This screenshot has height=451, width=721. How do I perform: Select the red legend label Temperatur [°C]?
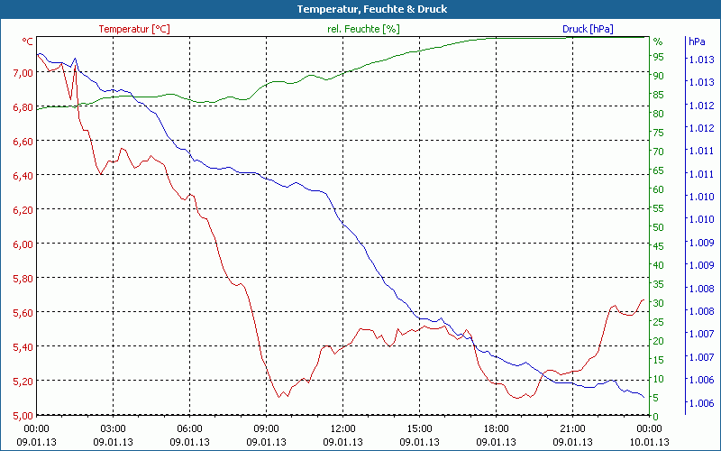pyautogui.click(x=134, y=29)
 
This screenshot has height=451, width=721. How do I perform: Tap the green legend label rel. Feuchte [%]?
pyautogui.click(x=362, y=29)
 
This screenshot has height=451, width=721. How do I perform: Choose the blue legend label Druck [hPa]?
pyautogui.click(x=588, y=29)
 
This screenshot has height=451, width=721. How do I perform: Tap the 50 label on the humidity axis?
pyautogui.click(x=659, y=227)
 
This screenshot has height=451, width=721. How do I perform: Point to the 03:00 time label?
pyautogui.click(x=113, y=428)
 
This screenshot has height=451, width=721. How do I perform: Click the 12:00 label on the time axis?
pyautogui.click(x=343, y=428)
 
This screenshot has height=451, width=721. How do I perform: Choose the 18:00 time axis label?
pyautogui.click(x=497, y=428)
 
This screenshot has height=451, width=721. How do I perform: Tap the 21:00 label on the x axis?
pyautogui.click(x=573, y=428)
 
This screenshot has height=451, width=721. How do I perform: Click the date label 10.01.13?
pyautogui.click(x=650, y=442)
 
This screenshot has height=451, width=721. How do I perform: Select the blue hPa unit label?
pyautogui.click(x=696, y=41)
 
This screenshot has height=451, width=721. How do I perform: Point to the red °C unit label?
pyautogui.click(x=27, y=41)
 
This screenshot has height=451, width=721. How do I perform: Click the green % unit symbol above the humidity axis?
pyautogui.click(x=658, y=41)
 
